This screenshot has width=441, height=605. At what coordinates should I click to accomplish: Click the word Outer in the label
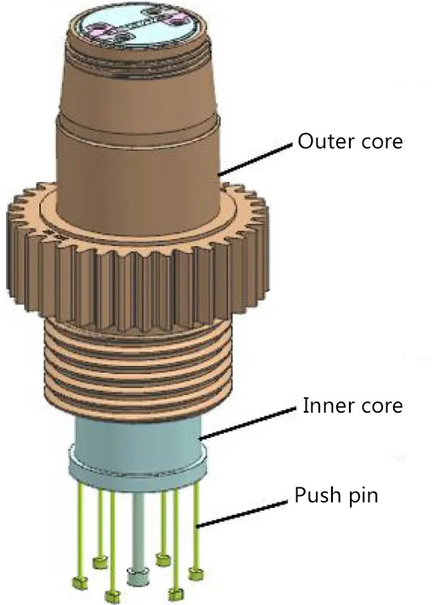pyautogui.click(x=325, y=141)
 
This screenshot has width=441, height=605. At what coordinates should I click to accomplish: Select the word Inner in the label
pyautogui.click(x=324, y=406)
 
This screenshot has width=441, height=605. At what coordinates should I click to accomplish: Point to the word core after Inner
pyautogui.click(x=381, y=407)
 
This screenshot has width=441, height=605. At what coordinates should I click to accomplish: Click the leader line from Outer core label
pyautogui.click(x=255, y=160)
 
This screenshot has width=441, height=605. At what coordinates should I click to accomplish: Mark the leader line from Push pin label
pyautogui.click(x=242, y=514)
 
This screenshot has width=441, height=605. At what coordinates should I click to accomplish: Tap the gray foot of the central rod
pyautogui.click(x=138, y=576)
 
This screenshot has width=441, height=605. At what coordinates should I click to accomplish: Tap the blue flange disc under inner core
pyautogui.click(x=138, y=470)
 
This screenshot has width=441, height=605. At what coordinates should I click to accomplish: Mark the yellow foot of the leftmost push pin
pyautogui.click(x=81, y=582)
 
